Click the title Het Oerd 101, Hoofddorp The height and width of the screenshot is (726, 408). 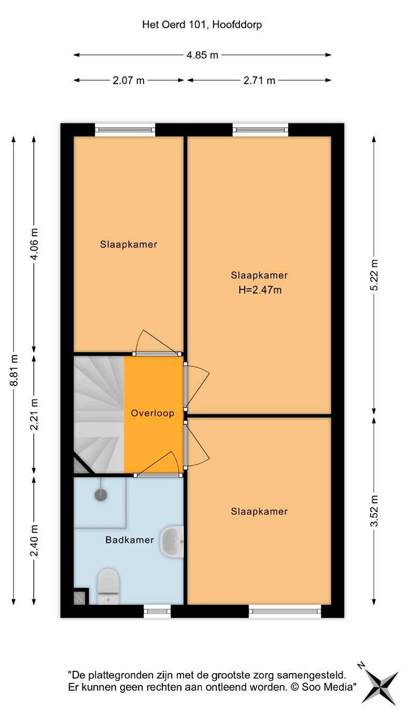(202, 24)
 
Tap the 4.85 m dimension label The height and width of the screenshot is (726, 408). (202, 55)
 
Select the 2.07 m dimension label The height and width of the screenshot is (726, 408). (129, 80)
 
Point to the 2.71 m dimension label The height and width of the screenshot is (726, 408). (259, 80)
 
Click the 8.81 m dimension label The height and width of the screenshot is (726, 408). (15, 370)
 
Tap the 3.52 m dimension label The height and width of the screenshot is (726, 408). (374, 512)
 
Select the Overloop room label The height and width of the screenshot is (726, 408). (152, 414)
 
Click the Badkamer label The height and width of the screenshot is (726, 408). (130, 540)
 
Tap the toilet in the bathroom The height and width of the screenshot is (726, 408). (108, 587)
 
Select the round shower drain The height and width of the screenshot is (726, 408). (100, 495)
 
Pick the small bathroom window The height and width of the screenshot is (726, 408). (157, 612)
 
